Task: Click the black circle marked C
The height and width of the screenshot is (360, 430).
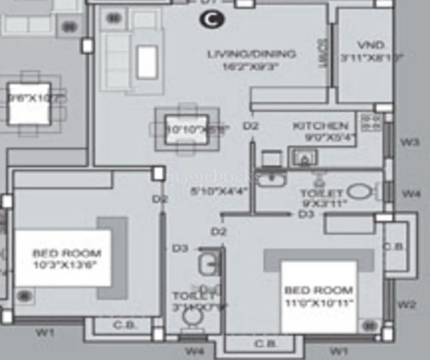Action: [x=212, y=19]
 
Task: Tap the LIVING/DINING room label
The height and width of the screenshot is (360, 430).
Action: [x=252, y=54]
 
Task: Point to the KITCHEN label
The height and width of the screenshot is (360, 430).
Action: [x=321, y=126]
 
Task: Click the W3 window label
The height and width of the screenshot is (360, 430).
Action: [x=410, y=142]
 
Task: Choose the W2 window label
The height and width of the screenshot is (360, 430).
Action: [x=407, y=305]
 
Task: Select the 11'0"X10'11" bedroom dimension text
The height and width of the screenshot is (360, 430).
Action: [x=319, y=302]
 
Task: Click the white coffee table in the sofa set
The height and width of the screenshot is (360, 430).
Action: [x=147, y=62]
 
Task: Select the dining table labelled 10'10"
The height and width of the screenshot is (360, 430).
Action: [x=186, y=129]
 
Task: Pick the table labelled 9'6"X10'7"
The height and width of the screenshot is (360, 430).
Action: [x=29, y=104]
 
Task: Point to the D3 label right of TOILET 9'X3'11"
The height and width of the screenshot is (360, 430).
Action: [x=307, y=214]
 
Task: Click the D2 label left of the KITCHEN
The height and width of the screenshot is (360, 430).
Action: [x=251, y=126]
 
